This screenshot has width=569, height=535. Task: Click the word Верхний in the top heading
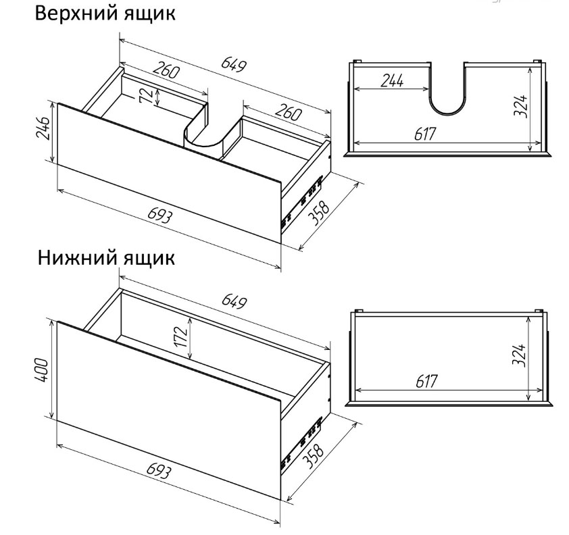click(x=78, y=14)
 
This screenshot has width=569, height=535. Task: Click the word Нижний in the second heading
click(x=78, y=258)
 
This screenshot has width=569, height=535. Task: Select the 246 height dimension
click(x=43, y=128)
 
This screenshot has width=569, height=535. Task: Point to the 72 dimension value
click(x=145, y=97)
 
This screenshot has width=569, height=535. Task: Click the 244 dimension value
click(x=392, y=80)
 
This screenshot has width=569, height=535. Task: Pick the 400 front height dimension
click(x=41, y=370)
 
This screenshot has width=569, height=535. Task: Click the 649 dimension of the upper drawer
click(x=234, y=65)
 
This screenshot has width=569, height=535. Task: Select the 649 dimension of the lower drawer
click(x=234, y=301)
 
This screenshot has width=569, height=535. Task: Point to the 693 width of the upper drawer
click(x=160, y=216)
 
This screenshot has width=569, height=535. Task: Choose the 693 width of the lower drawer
click(x=159, y=472)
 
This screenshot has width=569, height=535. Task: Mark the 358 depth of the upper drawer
click(x=318, y=213)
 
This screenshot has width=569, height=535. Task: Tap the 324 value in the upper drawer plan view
click(x=520, y=105)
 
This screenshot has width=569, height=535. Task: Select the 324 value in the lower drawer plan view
click(x=520, y=355)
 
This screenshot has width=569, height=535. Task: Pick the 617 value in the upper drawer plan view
click(x=424, y=134)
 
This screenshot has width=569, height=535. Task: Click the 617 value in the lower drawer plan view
click(x=426, y=381)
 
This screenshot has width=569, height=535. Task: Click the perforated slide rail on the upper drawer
click(x=302, y=201)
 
